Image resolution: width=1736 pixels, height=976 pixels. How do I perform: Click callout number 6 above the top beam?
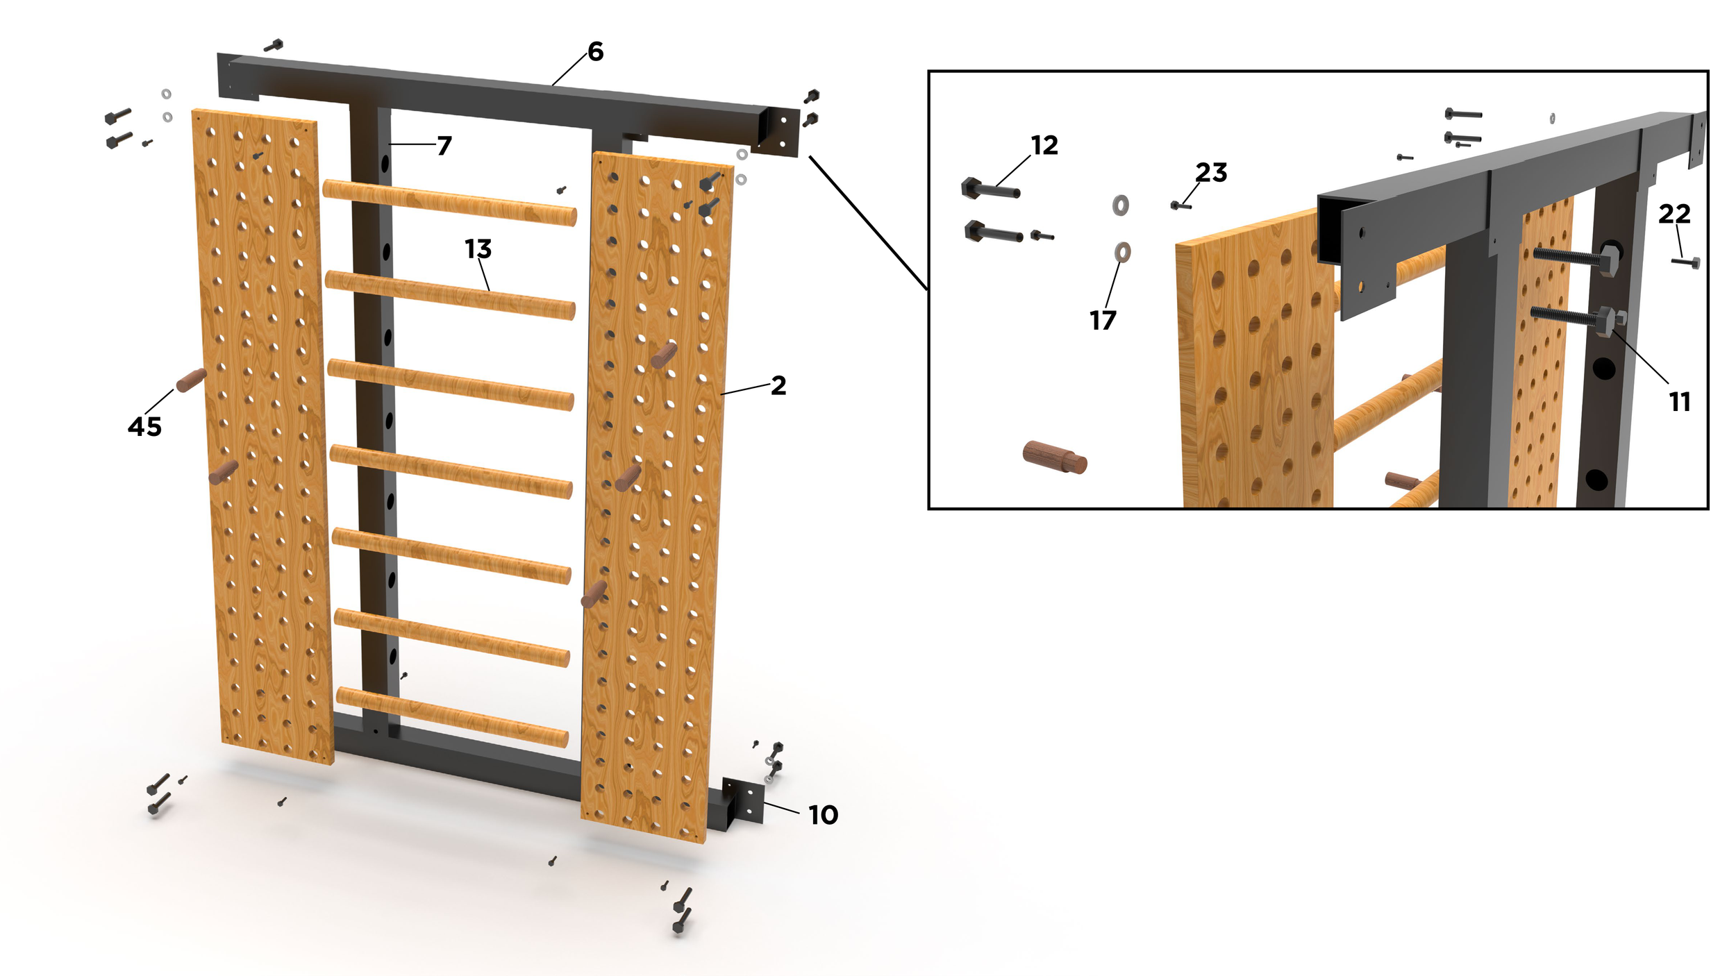596,51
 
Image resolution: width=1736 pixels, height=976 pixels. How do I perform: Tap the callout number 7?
444,145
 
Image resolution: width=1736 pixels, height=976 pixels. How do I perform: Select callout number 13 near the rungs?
478,249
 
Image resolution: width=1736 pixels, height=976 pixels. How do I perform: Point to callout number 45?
144,426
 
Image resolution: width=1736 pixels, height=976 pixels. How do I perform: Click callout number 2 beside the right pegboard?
778,385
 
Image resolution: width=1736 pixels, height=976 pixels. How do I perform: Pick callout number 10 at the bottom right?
824,815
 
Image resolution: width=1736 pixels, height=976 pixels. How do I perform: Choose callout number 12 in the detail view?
1044,145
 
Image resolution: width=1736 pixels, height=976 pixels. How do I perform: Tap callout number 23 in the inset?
1211,172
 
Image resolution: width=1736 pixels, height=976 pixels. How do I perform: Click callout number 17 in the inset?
1103,320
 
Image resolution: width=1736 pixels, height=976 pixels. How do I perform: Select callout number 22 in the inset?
1674,214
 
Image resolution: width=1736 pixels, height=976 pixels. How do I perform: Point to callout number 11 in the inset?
1680,401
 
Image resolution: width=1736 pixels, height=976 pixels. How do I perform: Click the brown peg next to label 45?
191,380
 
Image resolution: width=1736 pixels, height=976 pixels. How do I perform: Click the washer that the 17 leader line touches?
1122,252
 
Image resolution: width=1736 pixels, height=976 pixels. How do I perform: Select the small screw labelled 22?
1685,262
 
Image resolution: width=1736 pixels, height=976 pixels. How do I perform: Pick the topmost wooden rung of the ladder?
449,202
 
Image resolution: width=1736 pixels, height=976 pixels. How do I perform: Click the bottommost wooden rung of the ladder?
452,717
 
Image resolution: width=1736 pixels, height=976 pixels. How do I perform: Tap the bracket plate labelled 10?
743,801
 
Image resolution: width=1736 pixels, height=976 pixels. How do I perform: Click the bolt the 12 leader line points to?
991,188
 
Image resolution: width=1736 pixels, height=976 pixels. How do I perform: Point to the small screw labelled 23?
1180,205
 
